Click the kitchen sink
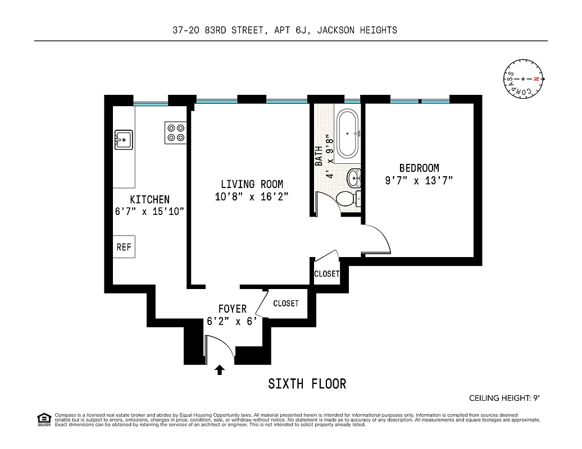point(124,139)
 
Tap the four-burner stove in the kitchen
point(175,132)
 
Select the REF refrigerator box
point(124,247)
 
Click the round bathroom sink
point(354,178)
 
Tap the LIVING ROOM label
point(252,184)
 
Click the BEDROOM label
point(419,168)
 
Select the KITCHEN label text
point(149,199)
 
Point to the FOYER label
point(233,309)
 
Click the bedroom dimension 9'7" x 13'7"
point(419,181)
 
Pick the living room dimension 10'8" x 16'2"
point(252,197)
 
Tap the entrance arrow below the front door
point(220,370)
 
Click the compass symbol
point(523,79)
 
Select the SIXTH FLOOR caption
point(307,384)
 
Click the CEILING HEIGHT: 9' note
point(504,398)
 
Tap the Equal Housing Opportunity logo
point(43,418)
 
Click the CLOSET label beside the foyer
point(286,304)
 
